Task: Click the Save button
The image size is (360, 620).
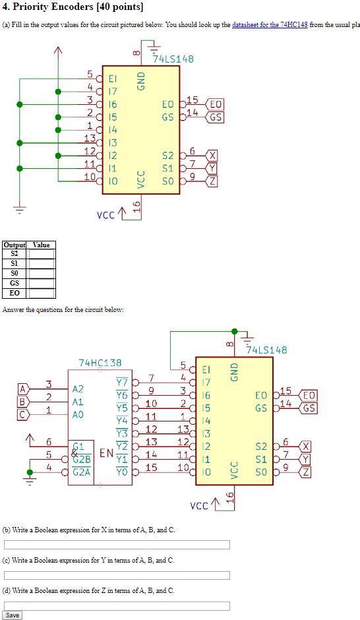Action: pos(12,615)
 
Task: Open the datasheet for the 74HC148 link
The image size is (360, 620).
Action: pos(270,25)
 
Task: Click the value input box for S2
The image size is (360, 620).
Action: pos(41,253)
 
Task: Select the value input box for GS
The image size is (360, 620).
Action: pos(41,283)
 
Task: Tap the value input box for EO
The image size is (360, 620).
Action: pos(41,293)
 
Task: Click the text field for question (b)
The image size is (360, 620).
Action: pos(117,545)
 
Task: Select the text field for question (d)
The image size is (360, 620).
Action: pos(117,605)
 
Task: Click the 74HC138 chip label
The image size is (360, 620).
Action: pos(100,363)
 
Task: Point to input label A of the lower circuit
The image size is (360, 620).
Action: pos(23,389)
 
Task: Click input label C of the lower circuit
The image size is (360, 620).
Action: pos(23,414)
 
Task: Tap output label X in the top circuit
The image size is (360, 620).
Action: pos(212,156)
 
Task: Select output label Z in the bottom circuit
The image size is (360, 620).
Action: pos(305,472)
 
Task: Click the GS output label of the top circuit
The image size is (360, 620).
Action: pos(215,117)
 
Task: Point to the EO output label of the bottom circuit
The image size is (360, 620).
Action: pos(308,395)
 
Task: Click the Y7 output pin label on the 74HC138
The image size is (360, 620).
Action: pos(122,382)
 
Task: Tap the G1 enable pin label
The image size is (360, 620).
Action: pos(78,447)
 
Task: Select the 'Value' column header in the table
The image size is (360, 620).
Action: pos(41,245)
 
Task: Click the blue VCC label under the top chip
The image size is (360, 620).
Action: pos(105,215)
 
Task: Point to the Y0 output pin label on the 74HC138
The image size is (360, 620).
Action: pos(122,472)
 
